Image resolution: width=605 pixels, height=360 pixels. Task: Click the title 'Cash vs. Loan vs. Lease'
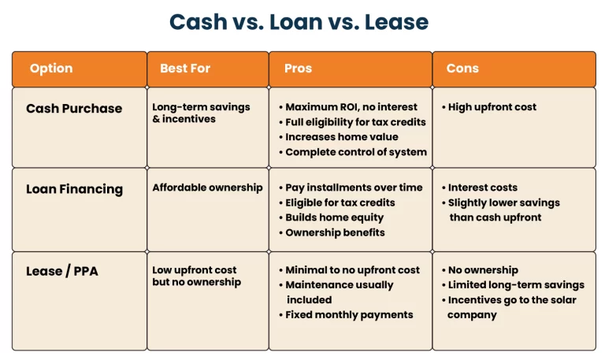[x=299, y=21]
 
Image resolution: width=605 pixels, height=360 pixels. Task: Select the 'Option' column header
[x=51, y=69]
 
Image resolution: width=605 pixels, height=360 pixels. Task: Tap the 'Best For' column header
[x=185, y=69]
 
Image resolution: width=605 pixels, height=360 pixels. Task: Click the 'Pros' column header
[x=298, y=69]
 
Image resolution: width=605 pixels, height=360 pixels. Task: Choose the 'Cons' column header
[x=462, y=69]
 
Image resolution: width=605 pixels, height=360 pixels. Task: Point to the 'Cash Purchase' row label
[x=74, y=109]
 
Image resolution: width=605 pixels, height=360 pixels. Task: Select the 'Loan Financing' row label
[x=74, y=189]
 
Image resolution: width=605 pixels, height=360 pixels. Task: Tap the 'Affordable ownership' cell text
[x=207, y=187]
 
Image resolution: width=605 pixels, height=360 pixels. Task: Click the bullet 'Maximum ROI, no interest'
[x=351, y=107]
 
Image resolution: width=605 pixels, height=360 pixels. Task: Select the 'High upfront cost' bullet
[x=492, y=107]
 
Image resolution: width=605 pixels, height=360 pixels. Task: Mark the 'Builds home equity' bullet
[x=335, y=217]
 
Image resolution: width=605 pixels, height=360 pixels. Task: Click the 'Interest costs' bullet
[x=483, y=187]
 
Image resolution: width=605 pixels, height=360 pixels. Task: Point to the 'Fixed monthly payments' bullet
[x=349, y=315]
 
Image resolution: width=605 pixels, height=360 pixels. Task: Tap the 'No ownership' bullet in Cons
[x=483, y=269]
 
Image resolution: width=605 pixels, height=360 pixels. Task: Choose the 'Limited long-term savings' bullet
[x=516, y=284]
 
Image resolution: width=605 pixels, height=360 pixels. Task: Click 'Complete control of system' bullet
[x=356, y=152]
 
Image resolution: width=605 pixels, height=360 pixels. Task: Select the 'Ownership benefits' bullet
[x=336, y=232]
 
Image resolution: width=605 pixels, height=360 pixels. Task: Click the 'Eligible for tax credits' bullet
[x=340, y=202]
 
